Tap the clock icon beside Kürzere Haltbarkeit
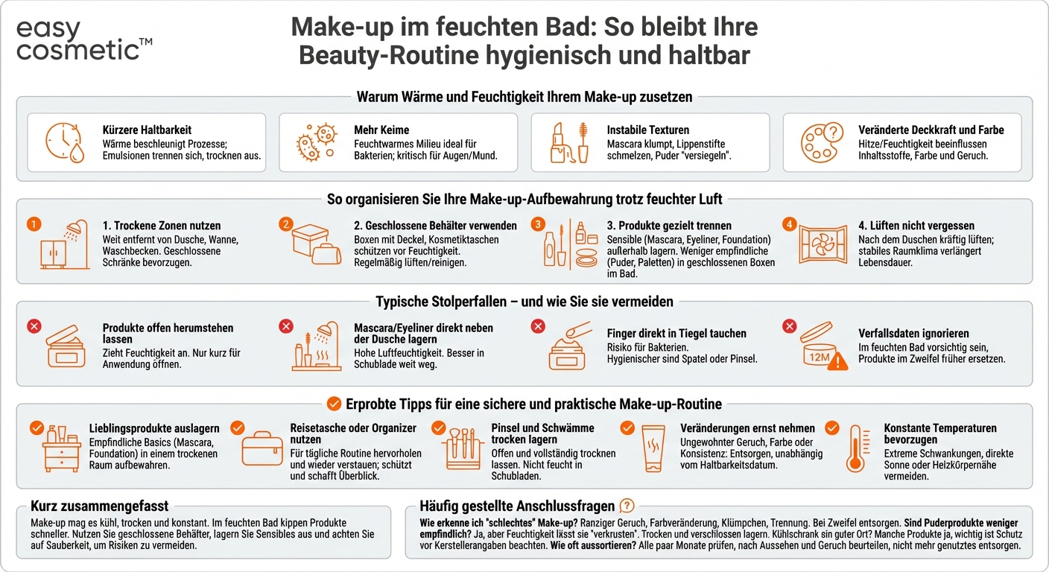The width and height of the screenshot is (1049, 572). click(x=65, y=142)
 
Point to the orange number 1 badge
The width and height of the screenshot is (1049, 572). click(x=31, y=223)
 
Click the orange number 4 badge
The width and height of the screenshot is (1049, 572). click(x=790, y=223)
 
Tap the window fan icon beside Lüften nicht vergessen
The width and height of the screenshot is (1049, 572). click(x=823, y=246)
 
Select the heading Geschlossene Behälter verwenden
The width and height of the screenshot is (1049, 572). click(x=435, y=226)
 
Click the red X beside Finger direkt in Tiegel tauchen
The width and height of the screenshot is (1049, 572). click(x=538, y=326)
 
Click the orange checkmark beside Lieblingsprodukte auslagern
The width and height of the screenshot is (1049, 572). click(x=36, y=428)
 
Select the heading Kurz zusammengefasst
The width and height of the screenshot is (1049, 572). click(x=100, y=506)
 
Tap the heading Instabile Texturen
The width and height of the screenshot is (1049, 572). click(x=647, y=130)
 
